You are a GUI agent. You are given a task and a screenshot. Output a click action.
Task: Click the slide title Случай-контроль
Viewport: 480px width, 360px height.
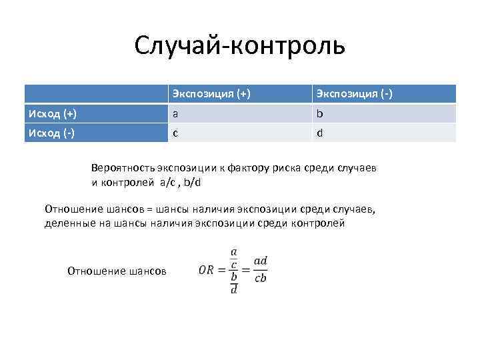[239, 45]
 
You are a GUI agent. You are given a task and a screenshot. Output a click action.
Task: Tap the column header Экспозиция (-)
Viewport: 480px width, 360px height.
[354, 94]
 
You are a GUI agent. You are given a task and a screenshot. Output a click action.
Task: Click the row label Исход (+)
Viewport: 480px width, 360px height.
[51, 113]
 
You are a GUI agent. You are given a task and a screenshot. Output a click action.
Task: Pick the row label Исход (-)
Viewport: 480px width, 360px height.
[51, 133]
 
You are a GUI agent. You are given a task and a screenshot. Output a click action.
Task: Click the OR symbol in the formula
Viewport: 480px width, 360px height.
[209, 270]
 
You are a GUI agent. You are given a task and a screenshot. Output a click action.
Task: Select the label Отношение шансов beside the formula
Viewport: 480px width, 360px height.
[117, 270]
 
